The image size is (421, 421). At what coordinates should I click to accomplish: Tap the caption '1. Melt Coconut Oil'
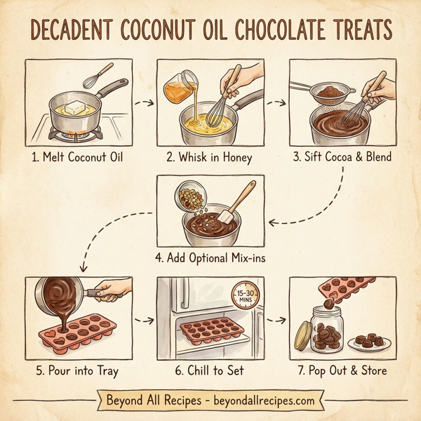(x=76, y=156)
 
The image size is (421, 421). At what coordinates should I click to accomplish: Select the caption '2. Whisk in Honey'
(x=210, y=156)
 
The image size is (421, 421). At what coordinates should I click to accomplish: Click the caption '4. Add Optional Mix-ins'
(x=210, y=257)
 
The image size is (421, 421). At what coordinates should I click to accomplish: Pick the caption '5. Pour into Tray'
(x=76, y=370)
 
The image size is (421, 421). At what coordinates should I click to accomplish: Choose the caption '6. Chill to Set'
(x=210, y=370)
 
